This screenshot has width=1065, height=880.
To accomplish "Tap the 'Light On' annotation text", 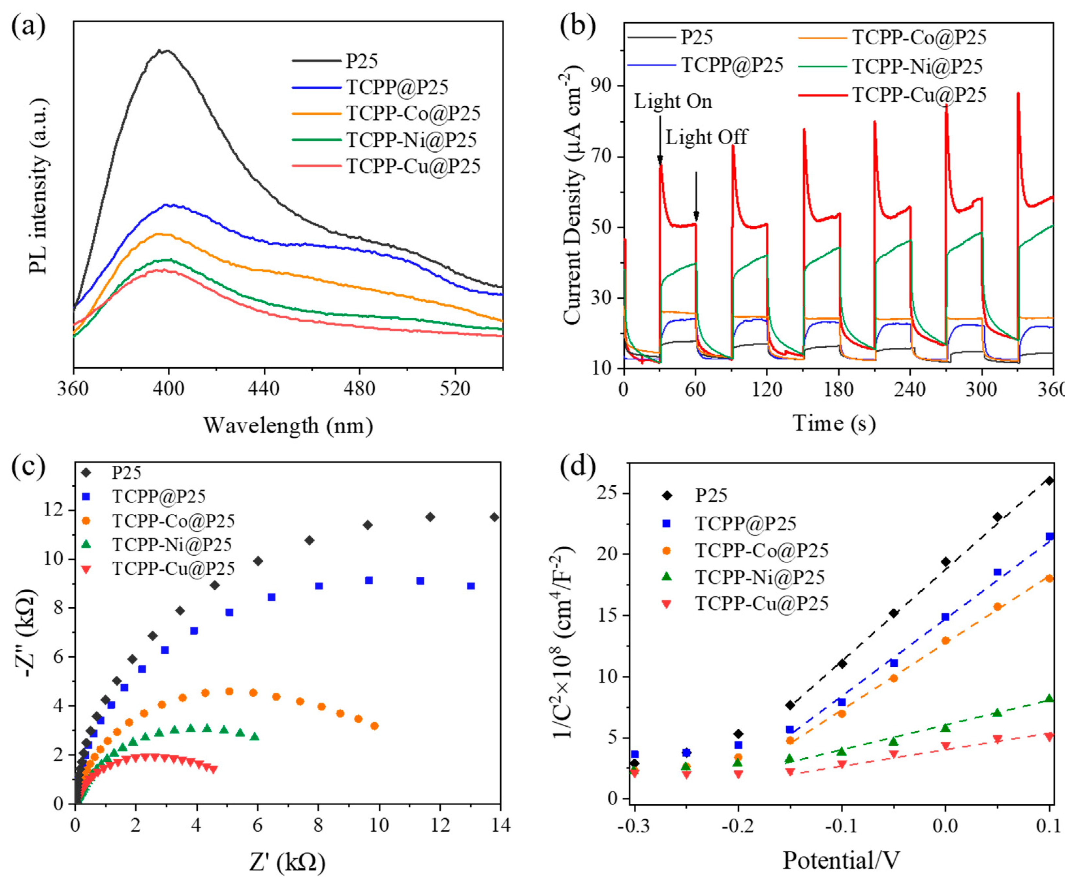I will pyautogui.click(x=673, y=101).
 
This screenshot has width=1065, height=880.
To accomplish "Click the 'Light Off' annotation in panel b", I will pyautogui.click(x=706, y=137).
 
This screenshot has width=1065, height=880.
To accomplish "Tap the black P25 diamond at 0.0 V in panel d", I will pyautogui.click(x=945, y=562).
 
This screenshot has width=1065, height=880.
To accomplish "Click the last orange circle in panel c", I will pyautogui.click(x=374, y=726).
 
